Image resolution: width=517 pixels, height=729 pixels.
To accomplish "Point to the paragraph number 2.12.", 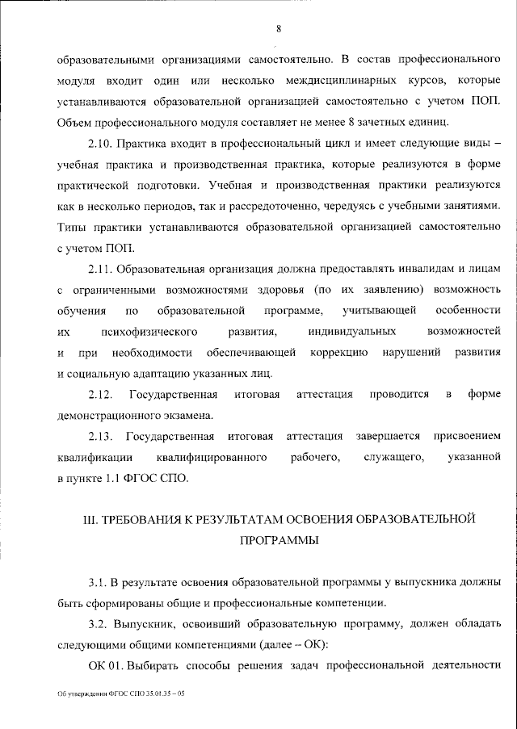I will click(x=101, y=394).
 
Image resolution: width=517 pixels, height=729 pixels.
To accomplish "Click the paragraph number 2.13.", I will click(x=101, y=437).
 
